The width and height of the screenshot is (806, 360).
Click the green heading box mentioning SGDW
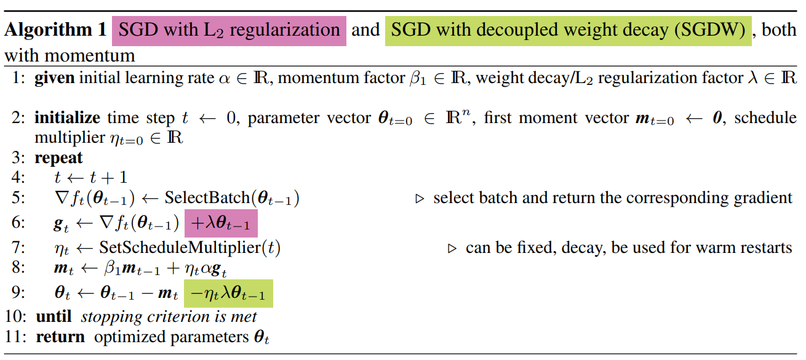click(x=569, y=30)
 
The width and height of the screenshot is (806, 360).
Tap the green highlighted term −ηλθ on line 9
click(x=229, y=295)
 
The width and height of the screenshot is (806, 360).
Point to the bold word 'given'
click(x=55, y=79)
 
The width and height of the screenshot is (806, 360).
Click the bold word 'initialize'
click(x=68, y=118)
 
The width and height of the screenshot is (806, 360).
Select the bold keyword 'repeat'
click(x=58, y=158)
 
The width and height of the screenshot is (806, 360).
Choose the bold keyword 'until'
click(x=54, y=317)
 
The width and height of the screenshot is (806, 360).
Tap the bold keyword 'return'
click(x=60, y=337)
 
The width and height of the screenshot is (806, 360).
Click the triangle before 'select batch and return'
click(x=421, y=199)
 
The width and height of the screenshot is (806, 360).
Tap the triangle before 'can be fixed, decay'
click(x=453, y=249)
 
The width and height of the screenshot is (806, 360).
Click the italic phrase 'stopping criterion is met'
click(x=169, y=317)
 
